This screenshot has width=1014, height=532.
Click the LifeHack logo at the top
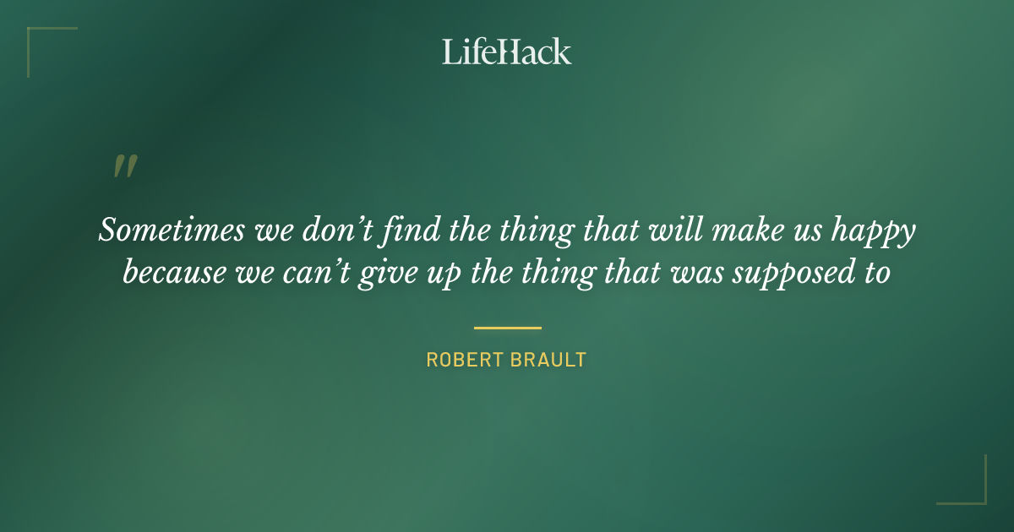pos(507,52)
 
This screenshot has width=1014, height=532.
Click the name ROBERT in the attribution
pos(461,360)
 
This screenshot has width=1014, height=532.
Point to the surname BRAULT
pos(547,360)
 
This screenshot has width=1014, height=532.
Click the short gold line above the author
pos(507,328)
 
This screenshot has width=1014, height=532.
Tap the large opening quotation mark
pos(125,166)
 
